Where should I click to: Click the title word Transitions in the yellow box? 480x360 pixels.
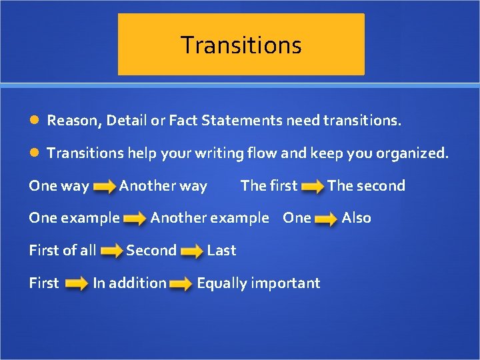(x=241, y=45)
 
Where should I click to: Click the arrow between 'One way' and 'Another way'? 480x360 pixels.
(x=104, y=188)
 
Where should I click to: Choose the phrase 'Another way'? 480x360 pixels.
(x=163, y=186)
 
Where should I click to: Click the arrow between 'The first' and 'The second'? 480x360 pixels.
(x=312, y=188)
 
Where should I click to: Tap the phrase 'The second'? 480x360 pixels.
(x=366, y=186)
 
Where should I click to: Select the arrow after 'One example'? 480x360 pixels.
(x=135, y=219)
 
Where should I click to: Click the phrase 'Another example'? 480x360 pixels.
(x=209, y=218)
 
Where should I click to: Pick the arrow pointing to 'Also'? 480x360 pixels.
(x=326, y=219)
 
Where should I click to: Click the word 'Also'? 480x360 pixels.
(x=356, y=218)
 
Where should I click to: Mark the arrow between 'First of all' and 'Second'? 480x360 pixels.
(x=111, y=252)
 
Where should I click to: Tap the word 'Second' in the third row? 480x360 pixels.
(x=151, y=251)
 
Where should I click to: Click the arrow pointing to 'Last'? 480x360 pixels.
(x=192, y=252)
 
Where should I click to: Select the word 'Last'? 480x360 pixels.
(x=221, y=251)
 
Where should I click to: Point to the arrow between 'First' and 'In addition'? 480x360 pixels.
(x=77, y=285)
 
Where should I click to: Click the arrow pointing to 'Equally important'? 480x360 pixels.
(x=181, y=285)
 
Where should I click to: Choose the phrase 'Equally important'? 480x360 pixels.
(x=258, y=283)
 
